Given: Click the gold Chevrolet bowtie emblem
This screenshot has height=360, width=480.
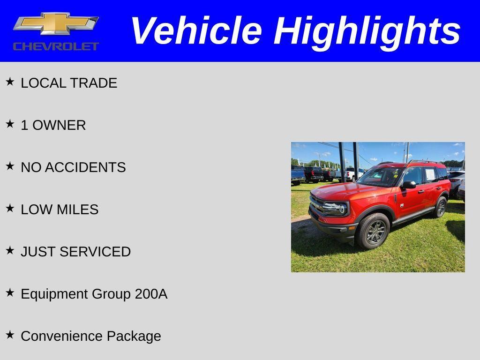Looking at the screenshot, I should (x=56, y=23).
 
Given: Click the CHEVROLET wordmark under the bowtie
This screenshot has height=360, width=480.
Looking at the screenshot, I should (x=56, y=46).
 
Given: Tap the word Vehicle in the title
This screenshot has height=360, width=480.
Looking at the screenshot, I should (x=195, y=31).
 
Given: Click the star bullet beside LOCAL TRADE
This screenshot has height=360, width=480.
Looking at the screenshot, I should (x=10, y=82).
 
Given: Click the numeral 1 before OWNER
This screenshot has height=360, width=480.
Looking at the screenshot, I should (x=24, y=125).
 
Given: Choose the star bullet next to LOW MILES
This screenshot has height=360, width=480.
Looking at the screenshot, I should (x=10, y=209).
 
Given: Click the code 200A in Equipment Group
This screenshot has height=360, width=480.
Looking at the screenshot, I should (x=151, y=294).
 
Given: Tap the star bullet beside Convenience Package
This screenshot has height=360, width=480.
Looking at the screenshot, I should (x=10, y=335).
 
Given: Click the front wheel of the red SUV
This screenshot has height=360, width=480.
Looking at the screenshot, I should (x=373, y=231).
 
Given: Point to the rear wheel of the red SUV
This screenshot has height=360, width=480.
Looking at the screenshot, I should (x=441, y=207).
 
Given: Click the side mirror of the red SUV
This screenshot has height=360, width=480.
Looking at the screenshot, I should (x=409, y=185).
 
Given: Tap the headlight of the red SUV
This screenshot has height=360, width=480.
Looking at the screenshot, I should (x=336, y=208).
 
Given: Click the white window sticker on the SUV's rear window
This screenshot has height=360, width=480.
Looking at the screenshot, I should (x=430, y=175).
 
